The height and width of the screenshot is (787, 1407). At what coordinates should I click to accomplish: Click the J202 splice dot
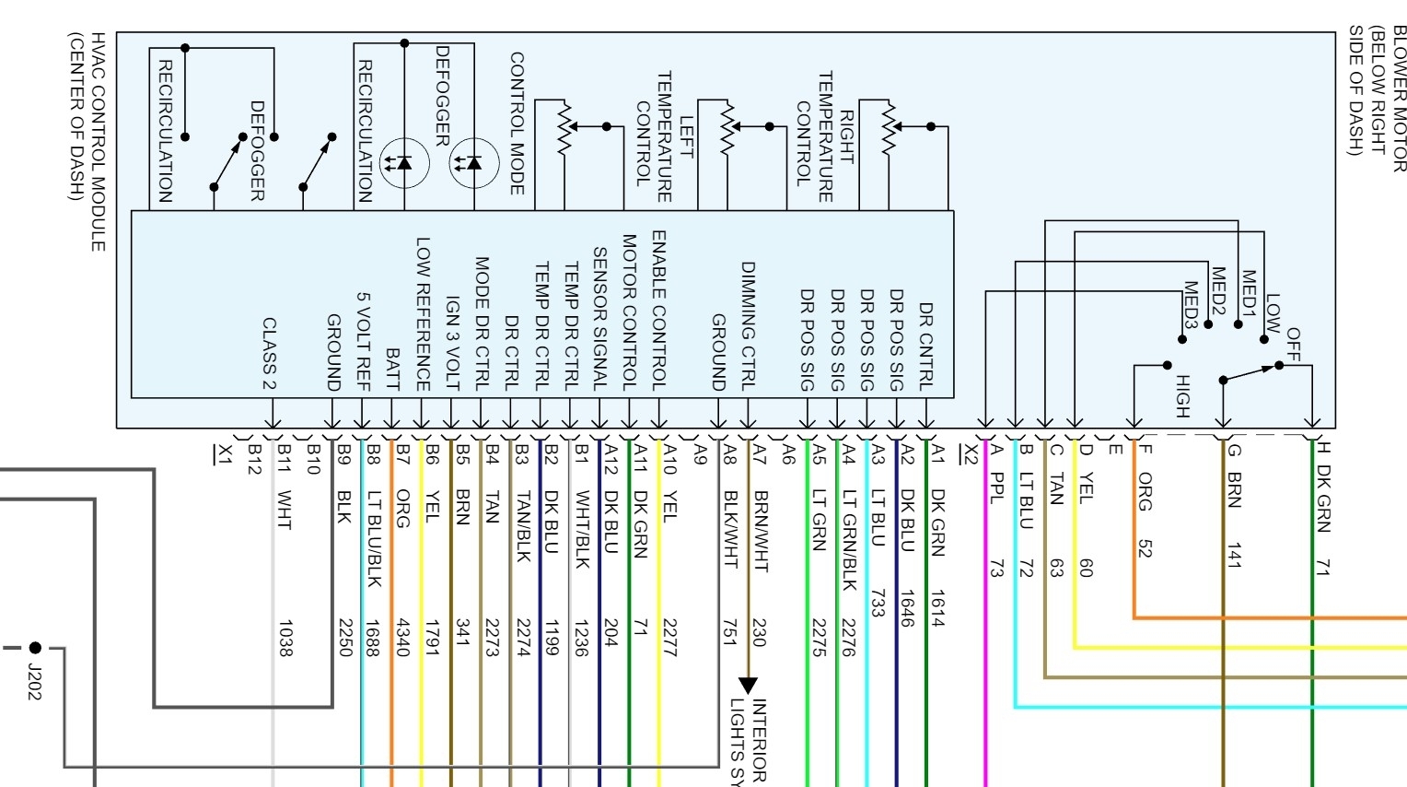coord(35,648)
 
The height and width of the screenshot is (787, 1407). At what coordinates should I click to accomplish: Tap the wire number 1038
coord(284,638)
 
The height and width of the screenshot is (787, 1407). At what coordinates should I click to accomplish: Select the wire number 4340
coord(402,638)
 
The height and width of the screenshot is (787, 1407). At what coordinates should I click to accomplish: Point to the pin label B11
coord(285,457)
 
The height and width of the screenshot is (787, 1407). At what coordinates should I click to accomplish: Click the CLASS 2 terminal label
coord(269,354)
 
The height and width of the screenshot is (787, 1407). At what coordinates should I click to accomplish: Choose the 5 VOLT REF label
coord(363,342)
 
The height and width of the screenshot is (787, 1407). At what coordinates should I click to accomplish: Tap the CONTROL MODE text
coord(517,123)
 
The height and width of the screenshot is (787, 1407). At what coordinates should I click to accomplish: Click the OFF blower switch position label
coord(1293,344)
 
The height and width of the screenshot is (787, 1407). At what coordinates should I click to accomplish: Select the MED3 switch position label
coord(1190,305)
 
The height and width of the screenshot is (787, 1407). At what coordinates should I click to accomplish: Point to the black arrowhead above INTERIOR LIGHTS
coord(748,685)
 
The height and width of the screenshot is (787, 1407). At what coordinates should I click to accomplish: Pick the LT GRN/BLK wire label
coord(849,539)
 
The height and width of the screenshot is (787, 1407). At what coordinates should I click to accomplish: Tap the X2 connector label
coord(967,452)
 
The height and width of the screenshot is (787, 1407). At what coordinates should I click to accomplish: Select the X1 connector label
coord(222,454)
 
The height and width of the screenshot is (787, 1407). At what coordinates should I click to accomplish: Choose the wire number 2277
coord(669,638)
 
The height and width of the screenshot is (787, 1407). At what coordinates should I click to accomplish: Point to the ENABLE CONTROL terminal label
coord(659,311)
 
